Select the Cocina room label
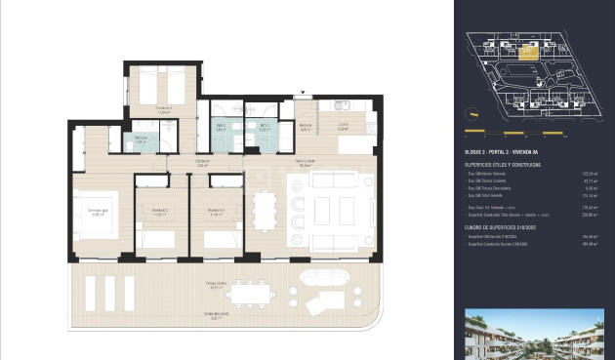[x=343, y=125]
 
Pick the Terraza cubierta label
[x=216, y=285]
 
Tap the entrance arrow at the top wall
[x=303, y=94]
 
